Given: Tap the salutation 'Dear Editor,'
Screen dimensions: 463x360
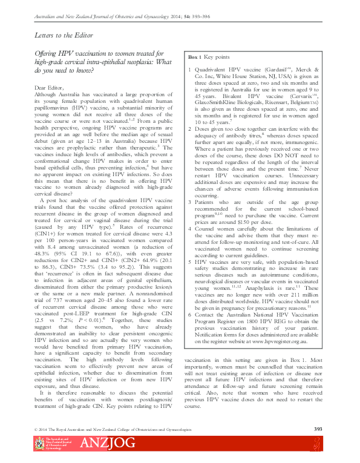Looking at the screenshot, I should click(46, 88).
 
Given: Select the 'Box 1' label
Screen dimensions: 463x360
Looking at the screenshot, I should click(195, 56).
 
